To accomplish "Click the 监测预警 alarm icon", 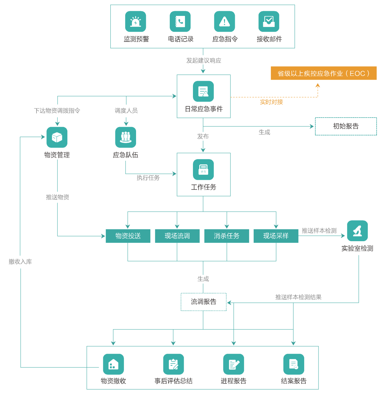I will pos(135,22).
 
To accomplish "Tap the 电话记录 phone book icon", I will pos(180,22).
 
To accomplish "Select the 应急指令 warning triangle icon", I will pos(224,22).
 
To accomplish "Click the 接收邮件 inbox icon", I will pos(269,22).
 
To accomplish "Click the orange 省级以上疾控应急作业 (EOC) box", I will pos(323,73).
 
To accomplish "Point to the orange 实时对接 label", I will pos(271,102).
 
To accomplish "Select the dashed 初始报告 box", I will pos(346,126).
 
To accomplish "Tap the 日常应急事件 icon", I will pos(203,92).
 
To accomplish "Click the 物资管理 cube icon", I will pos(57,137).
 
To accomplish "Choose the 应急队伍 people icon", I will pos(126,137).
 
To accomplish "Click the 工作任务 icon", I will pos(203,170).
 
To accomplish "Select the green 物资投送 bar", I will pos(128,236).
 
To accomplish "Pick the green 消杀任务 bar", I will pos(226,236).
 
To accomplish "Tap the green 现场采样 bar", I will pos(276,236).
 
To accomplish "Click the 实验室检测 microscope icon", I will pos(357,231).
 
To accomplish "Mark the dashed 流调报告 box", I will pos(203,302).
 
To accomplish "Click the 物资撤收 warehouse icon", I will pos(113,364).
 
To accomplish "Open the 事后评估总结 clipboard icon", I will pos(174,364).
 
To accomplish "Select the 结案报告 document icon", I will pos(294,364).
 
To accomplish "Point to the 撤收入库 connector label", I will pos(20,262).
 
